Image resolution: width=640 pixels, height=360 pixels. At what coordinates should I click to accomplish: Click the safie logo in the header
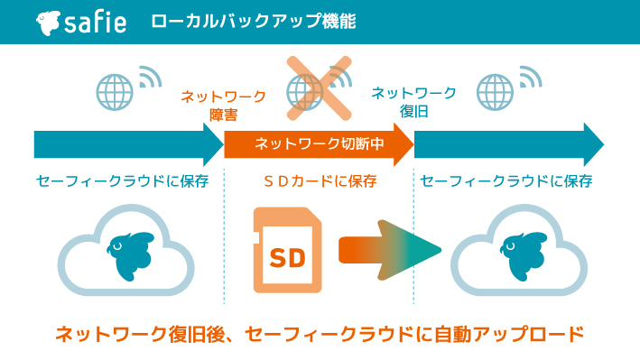click(x=81, y=22)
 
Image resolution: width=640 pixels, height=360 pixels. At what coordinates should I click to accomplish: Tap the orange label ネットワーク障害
click(x=223, y=104)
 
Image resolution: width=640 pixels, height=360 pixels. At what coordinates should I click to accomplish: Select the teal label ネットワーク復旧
click(x=413, y=101)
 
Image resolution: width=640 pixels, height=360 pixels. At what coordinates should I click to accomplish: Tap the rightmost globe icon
click(x=496, y=91)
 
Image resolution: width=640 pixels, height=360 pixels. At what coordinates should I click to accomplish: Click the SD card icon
click(x=287, y=249)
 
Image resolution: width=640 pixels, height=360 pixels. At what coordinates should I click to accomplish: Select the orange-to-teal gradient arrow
click(x=388, y=249)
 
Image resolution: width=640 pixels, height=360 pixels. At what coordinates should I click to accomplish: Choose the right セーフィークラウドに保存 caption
click(x=506, y=181)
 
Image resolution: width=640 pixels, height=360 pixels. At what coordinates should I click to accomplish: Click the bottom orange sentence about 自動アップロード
click(x=320, y=335)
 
